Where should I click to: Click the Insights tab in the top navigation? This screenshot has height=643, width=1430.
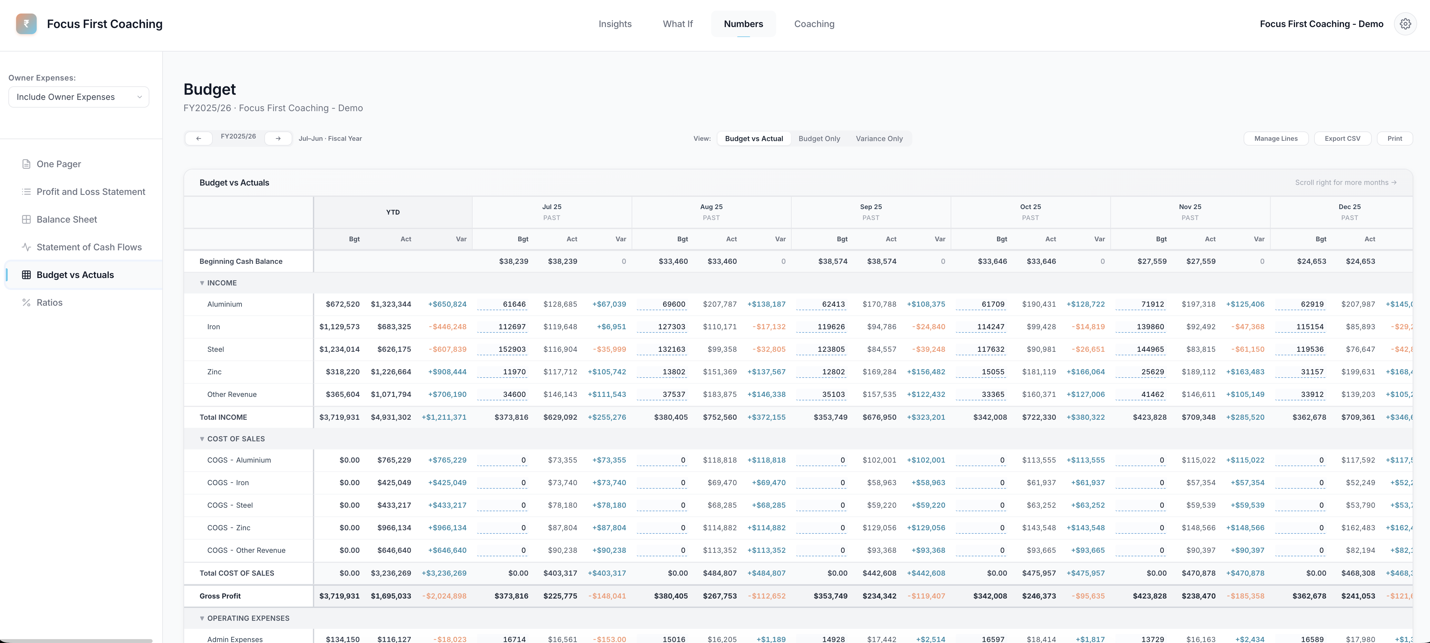(615, 24)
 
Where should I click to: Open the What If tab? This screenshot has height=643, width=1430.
(677, 24)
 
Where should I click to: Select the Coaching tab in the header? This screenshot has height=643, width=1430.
(814, 24)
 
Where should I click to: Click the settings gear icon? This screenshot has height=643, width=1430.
(1405, 24)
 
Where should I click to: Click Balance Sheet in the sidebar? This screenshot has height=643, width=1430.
(67, 219)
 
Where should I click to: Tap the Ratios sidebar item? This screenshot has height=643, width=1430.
(49, 302)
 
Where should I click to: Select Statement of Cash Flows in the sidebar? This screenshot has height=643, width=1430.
(89, 247)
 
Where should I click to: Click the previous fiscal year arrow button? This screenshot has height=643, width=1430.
(198, 138)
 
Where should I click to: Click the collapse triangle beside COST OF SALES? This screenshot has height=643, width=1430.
(202, 439)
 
